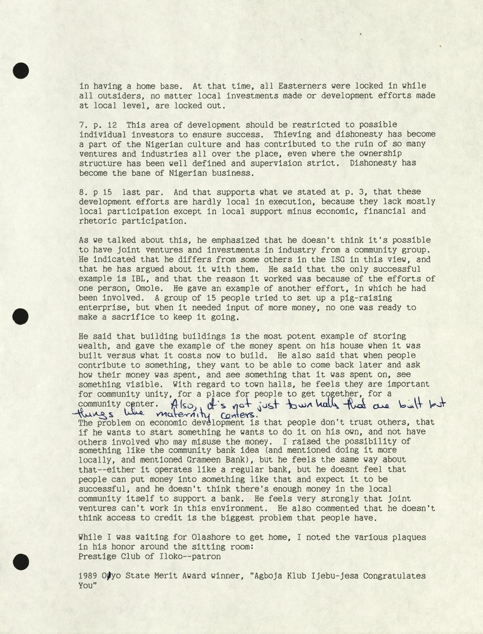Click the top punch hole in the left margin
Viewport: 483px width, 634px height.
coord(21,70)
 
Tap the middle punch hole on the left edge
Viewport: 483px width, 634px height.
coord(21,316)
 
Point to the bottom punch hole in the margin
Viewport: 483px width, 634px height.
coord(21,562)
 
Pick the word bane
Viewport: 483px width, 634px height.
coord(141,173)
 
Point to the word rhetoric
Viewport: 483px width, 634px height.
coord(98,221)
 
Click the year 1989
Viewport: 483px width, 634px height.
coord(88,576)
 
